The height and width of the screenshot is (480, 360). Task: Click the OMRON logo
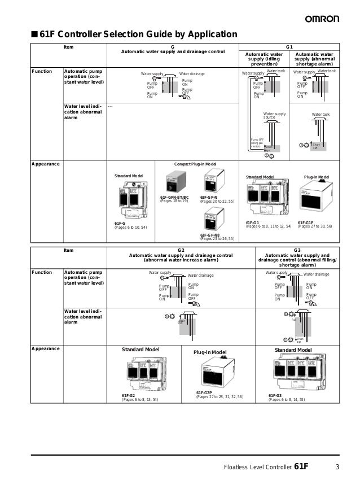tap(322, 19)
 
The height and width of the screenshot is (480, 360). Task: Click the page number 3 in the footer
tap(337, 466)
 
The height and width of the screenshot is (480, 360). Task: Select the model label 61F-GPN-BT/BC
tap(174, 198)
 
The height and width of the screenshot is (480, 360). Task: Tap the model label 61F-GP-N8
tap(211, 235)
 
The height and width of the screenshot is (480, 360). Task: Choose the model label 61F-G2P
tap(204, 392)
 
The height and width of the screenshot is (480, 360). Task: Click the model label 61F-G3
tap(275, 395)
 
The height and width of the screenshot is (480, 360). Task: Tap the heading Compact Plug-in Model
tap(195, 164)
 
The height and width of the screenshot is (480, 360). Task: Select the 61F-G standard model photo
tap(131, 200)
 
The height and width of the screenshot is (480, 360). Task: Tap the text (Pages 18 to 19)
tap(174, 202)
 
